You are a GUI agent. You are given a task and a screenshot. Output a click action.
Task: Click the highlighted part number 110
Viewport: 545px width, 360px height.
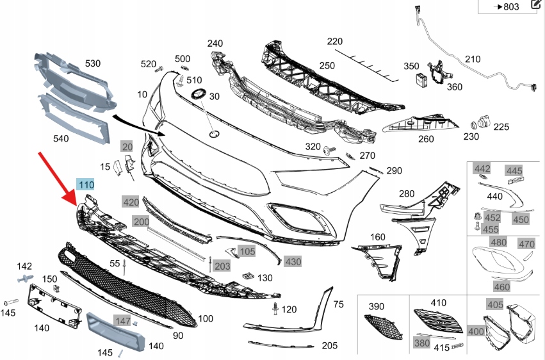coord(86,185)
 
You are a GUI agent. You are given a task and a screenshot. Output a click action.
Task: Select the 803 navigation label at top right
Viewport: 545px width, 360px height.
coord(508,7)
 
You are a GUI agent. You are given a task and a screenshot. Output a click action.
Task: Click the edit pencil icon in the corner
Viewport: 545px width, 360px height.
coord(536,5)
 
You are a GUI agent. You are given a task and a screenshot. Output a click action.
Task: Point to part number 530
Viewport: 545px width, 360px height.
coord(94,63)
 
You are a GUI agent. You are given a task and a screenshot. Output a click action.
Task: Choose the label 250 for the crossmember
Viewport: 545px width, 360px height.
coord(327,65)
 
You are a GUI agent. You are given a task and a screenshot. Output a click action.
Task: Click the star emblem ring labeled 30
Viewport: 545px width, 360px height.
coord(198,95)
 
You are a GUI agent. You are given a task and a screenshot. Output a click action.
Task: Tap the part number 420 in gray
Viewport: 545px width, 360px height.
coord(131,202)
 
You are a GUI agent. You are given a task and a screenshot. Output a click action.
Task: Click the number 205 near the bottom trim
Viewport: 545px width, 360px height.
coord(329,345)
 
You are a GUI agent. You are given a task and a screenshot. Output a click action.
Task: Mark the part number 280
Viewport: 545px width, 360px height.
coord(407,193)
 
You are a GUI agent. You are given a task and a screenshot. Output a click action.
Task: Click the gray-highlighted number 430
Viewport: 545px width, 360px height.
coord(293,261)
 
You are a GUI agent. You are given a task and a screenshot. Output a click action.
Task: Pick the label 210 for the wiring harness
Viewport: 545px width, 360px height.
coord(473,60)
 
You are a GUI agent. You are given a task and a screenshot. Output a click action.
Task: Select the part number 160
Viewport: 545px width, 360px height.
coord(378,237)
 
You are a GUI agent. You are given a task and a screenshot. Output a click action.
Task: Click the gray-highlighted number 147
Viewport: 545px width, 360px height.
coord(122,320)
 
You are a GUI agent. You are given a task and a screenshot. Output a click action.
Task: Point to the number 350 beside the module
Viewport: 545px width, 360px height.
coord(411,66)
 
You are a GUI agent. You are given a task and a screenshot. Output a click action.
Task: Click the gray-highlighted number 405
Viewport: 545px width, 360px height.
coord(495,305)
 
